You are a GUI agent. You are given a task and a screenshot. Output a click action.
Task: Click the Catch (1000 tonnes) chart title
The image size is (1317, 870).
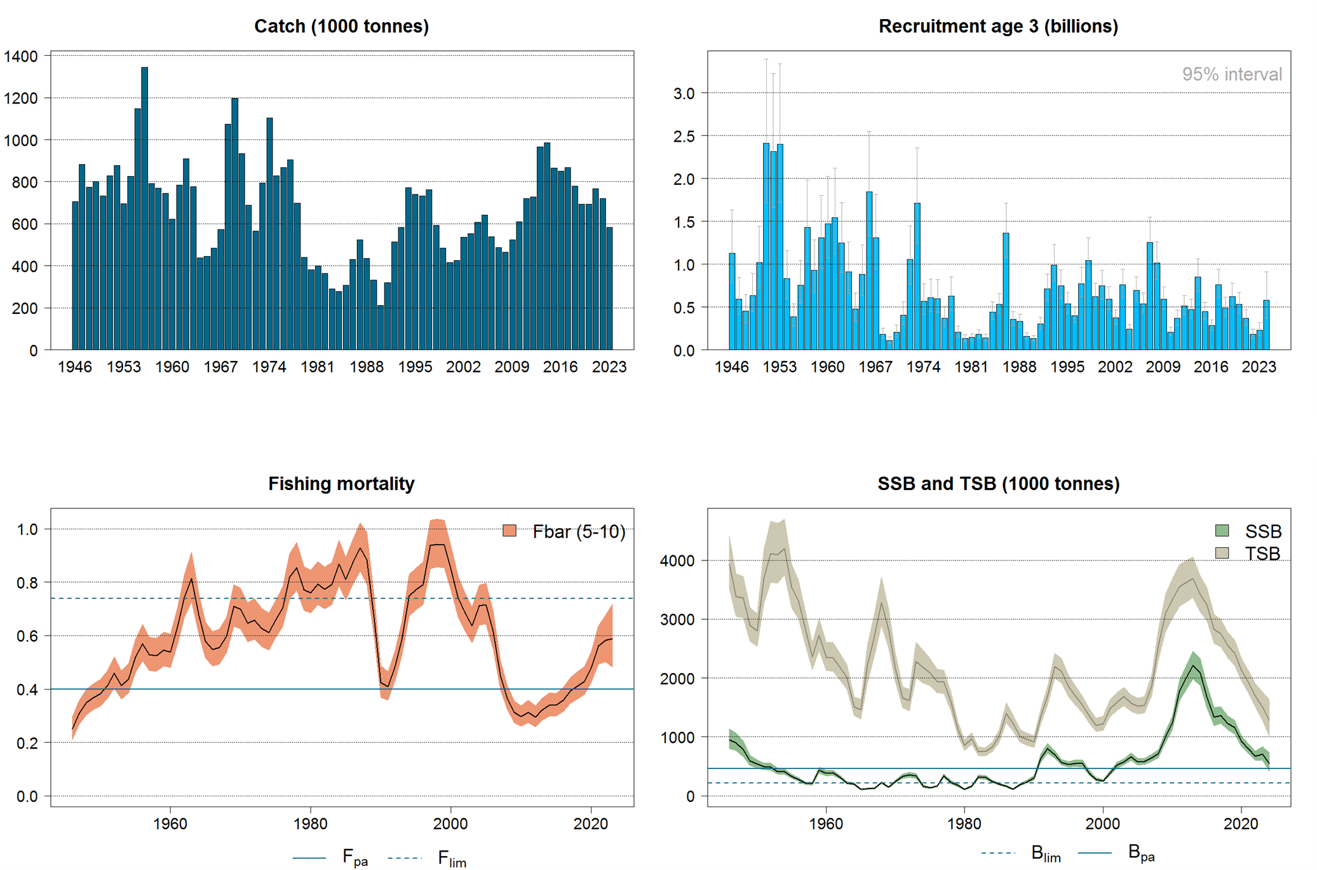pyautogui.click(x=341, y=26)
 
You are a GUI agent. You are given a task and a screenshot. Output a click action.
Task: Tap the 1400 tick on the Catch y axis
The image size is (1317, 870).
pyautogui.click(x=21, y=56)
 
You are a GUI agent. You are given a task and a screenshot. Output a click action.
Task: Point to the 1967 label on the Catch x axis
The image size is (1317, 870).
pyautogui.click(x=220, y=367)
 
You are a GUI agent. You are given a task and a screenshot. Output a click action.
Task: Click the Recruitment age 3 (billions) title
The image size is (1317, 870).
pyautogui.click(x=998, y=26)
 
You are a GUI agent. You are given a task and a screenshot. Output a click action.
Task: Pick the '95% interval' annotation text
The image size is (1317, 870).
pyautogui.click(x=1231, y=74)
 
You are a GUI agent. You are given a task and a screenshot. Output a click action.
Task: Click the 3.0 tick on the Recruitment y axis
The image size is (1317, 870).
pyautogui.click(x=684, y=93)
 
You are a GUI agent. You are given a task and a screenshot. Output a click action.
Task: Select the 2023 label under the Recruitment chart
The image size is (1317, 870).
pyautogui.click(x=1259, y=367)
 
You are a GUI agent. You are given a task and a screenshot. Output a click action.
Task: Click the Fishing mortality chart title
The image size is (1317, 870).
pyautogui.click(x=341, y=484)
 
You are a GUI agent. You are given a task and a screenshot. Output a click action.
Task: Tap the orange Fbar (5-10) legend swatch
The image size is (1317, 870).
pyautogui.click(x=510, y=531)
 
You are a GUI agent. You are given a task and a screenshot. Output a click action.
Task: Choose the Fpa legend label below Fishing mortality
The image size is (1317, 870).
pyautogui.click(x=355, y=857)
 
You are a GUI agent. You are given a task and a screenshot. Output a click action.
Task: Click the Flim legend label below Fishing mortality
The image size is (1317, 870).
pyautogui.click(x=452, y=859)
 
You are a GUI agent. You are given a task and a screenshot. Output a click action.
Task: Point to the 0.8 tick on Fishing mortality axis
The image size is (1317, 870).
pyautogui.click(x=27, y=583)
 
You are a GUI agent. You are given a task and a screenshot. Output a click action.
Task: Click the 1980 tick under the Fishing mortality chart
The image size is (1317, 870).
pyautogui.click(x=310, y=824)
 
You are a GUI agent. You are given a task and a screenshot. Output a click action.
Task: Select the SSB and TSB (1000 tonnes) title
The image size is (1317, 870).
pyautogui.click(x=998, y=484)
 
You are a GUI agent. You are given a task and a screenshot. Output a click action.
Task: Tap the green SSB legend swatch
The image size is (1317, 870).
pyautogui.click(x=1222, y=531)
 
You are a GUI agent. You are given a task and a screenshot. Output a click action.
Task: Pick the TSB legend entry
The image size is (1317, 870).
pyautogui.click(x=1262, y=554)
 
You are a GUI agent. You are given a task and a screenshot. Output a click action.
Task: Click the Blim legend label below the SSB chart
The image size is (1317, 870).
pyautogui.click(x=1046, y=853)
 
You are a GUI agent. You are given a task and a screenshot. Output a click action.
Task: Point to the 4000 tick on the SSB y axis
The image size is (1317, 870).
pyautogui.click(x=677, y=561)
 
